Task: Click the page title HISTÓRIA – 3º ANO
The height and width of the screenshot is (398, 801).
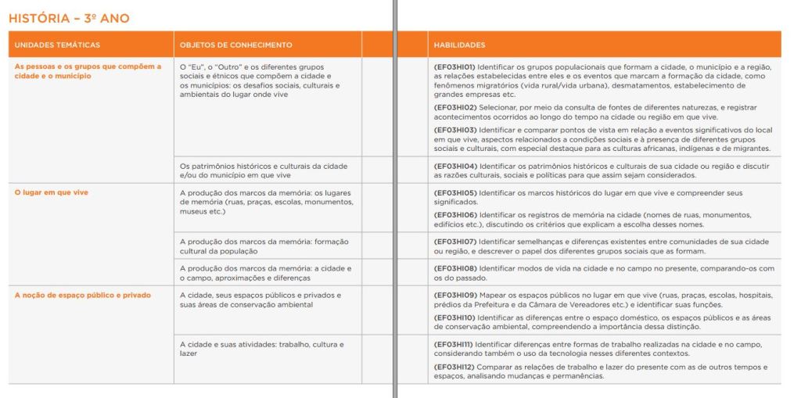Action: (70, 18)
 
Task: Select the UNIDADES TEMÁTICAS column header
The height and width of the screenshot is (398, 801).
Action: (57, 45)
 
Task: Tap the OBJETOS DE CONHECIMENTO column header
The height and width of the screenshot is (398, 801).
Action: (235, 45)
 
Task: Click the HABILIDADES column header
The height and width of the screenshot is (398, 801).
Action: (459, 45)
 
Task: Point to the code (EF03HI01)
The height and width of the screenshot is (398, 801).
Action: (454, 67)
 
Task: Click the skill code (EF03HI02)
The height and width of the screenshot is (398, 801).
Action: (454, 107)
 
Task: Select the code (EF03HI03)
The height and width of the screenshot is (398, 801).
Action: (454, 129)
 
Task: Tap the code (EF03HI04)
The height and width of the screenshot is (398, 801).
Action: (454, 166)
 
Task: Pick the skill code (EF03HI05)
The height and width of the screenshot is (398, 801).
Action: (454, 192)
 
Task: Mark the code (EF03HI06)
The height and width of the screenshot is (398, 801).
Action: (454, 215)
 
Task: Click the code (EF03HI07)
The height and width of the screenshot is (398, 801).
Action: (454, 242)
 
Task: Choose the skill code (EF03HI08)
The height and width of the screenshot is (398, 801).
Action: (454, 268)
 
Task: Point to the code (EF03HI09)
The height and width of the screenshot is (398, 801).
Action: (454, 295)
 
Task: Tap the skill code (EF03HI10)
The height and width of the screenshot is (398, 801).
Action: (454, 317)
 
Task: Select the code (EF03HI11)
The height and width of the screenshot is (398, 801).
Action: (454, 344)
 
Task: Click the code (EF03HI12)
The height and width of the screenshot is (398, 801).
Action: (454, 367)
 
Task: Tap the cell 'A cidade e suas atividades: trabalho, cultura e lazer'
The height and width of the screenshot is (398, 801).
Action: (261, 349)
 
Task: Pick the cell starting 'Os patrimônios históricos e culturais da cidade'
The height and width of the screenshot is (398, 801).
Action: (264, 170)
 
